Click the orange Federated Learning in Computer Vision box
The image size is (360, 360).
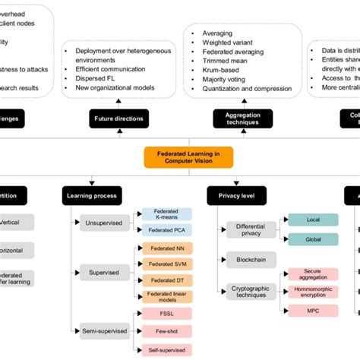(188, 156)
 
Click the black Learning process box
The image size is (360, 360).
(90, 196)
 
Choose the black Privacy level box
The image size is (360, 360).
(235, 196)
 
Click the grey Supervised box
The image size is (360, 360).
(103, 272)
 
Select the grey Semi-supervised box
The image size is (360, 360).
(103, 330)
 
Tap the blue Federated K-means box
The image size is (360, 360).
(167, 215)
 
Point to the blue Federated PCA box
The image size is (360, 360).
(167, 230)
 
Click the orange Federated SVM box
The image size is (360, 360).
(167, 264)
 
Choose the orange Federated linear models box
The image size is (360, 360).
(167, 296)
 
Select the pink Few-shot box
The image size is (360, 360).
(167, 330)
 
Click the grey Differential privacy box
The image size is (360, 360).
(250, 229)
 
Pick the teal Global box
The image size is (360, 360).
(313, 238)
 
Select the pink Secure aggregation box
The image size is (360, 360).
(313, 273)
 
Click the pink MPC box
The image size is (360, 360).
(313, 310)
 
